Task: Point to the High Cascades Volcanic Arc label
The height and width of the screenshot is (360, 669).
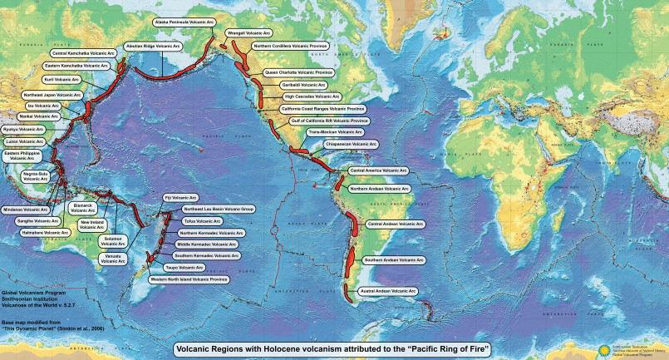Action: [x=312, y=96]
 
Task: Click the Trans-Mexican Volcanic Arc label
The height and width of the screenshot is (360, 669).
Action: [x=336, y=132]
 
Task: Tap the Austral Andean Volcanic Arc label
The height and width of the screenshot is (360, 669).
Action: [x=388, y=291]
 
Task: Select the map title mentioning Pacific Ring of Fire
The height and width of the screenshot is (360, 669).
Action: [x=332, y=349]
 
